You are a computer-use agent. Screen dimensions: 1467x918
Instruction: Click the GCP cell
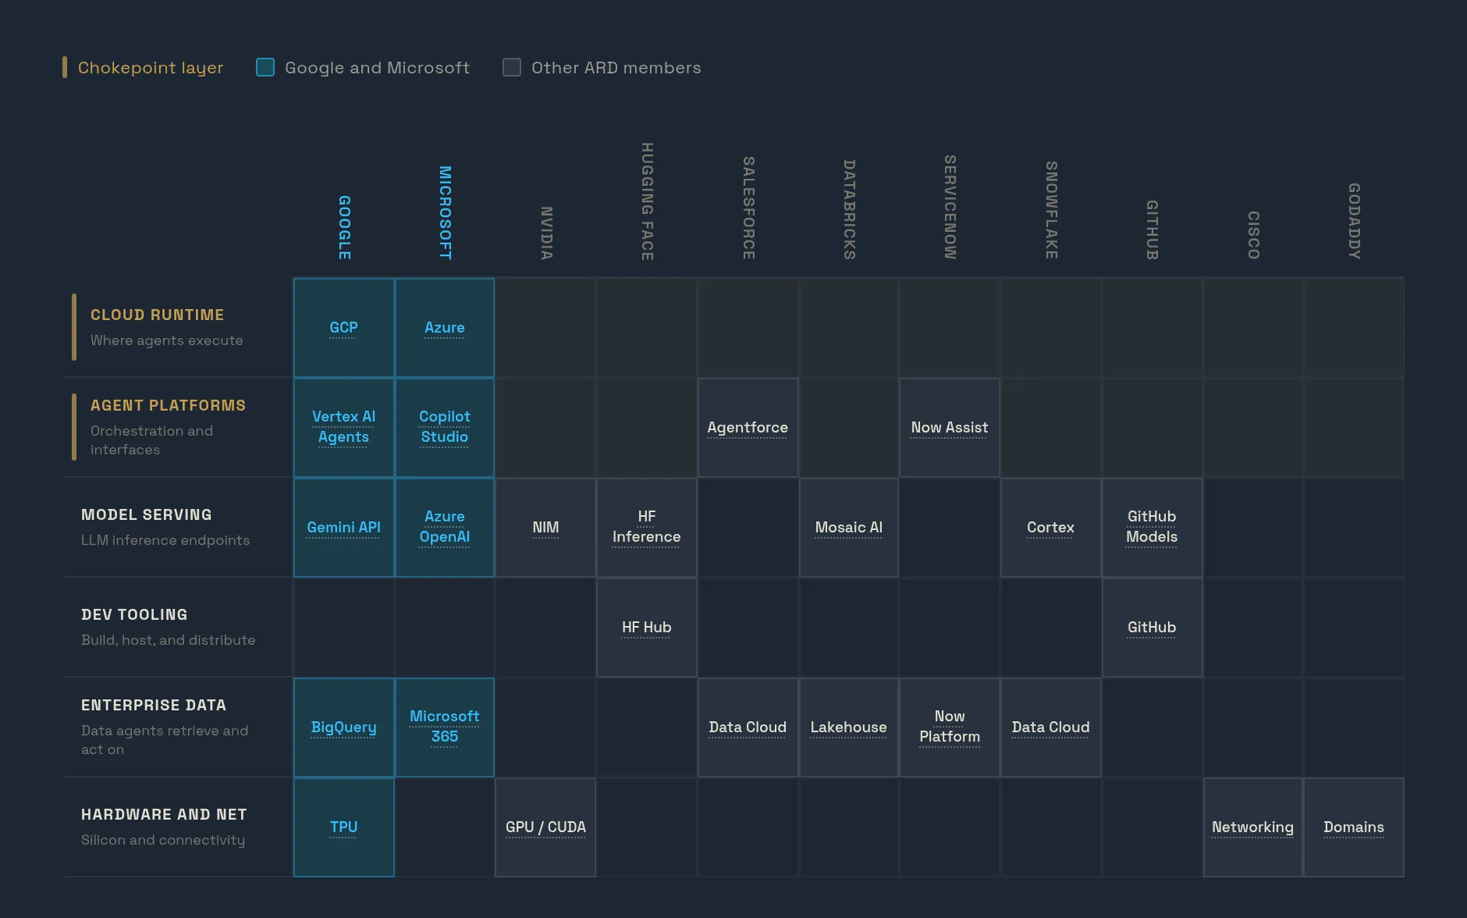click(x=343, y=328)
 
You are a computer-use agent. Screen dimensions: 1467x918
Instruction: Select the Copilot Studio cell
click(x=445, y=427)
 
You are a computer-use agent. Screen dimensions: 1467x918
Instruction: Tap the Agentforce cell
click(x=748, y=427)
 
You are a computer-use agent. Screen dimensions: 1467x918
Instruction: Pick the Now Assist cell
click(x=950, y=427)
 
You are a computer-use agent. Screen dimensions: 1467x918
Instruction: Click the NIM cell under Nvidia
click(x=545, y=527)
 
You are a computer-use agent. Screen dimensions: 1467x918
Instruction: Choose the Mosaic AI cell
click(x=849, y=527)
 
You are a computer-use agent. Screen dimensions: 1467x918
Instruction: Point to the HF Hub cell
click(x=647, y=627)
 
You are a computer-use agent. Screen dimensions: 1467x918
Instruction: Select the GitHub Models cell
click(x=1152, y=527)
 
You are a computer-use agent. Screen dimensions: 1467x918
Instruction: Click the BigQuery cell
click(x=343, y=727)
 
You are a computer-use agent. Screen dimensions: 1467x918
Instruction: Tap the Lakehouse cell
click(x=849, y=727)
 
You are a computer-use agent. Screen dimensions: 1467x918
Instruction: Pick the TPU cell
click(x=343, y=827)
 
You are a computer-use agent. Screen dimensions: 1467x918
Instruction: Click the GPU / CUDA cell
click(x=545, y=827)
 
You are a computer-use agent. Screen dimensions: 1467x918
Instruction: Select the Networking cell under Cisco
click(x=1252, y=827)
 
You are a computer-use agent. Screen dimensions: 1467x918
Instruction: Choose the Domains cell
click(x=1354, y=827)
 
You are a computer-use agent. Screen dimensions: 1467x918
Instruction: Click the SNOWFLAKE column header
click(x=1051, y=210)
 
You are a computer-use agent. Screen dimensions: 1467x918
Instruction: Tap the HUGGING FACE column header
click(x=647, y=201)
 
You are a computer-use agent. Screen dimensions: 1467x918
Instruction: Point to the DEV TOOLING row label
click(x=134, y=614)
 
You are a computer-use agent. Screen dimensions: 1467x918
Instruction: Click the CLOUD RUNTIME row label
click(x=157, y=315)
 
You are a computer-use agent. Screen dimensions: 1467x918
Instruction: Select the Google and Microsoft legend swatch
click(x=265, y=67)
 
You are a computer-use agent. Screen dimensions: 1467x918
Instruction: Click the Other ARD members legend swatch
click(x=512, y=67)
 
